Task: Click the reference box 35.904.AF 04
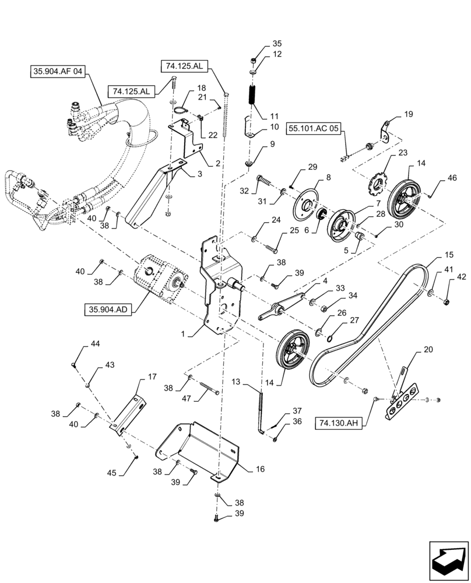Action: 58,73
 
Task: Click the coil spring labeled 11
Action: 254,94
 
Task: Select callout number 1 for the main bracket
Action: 184,335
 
